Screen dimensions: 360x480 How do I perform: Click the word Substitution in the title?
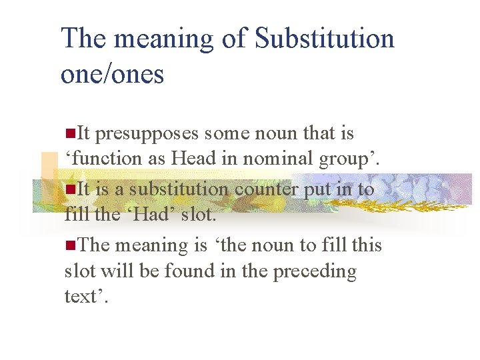pos(325,39)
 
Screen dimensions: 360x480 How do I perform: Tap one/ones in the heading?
pos(112,73)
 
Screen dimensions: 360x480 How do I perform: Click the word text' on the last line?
pos(85,297)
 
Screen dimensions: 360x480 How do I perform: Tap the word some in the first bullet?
pos(226,134)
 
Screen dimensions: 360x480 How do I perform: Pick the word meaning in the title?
pos(163,39)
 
